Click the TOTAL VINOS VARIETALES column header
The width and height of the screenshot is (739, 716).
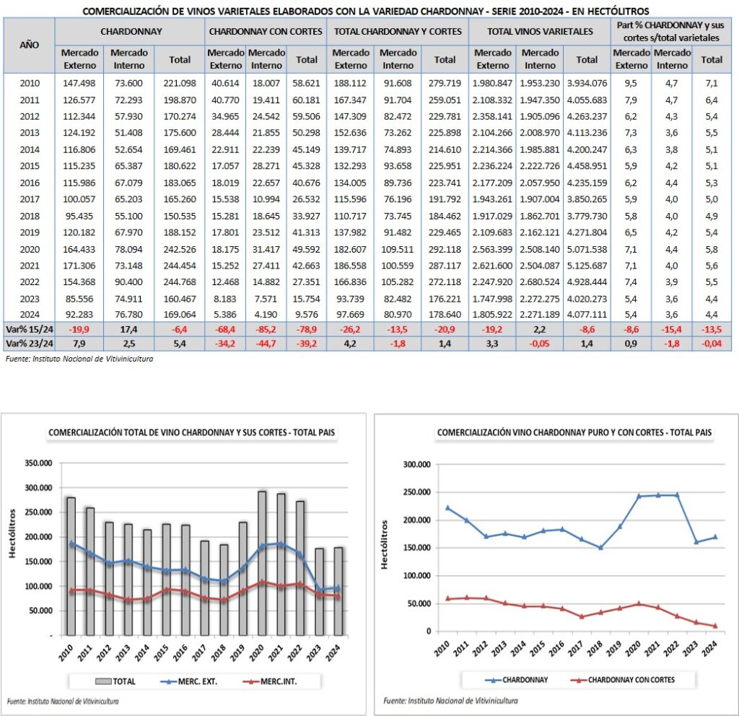pos(540,31)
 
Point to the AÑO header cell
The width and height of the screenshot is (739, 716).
pos(30,44)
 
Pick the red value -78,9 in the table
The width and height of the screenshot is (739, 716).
pos(307,329)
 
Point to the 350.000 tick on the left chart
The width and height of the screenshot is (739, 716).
pos(37,463)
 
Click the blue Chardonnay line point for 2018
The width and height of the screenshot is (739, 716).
pos(600,548)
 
